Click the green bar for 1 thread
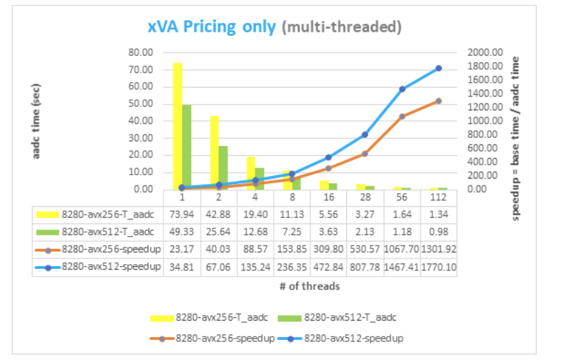[186, 146]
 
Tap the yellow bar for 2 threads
[214, 152]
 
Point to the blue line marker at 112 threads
[438, 68]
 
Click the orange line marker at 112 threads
[438, 101]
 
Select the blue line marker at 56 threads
[402, 89]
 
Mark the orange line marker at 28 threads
[365, 154]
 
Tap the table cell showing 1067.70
[402, 249]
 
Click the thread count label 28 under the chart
[365, 197]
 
